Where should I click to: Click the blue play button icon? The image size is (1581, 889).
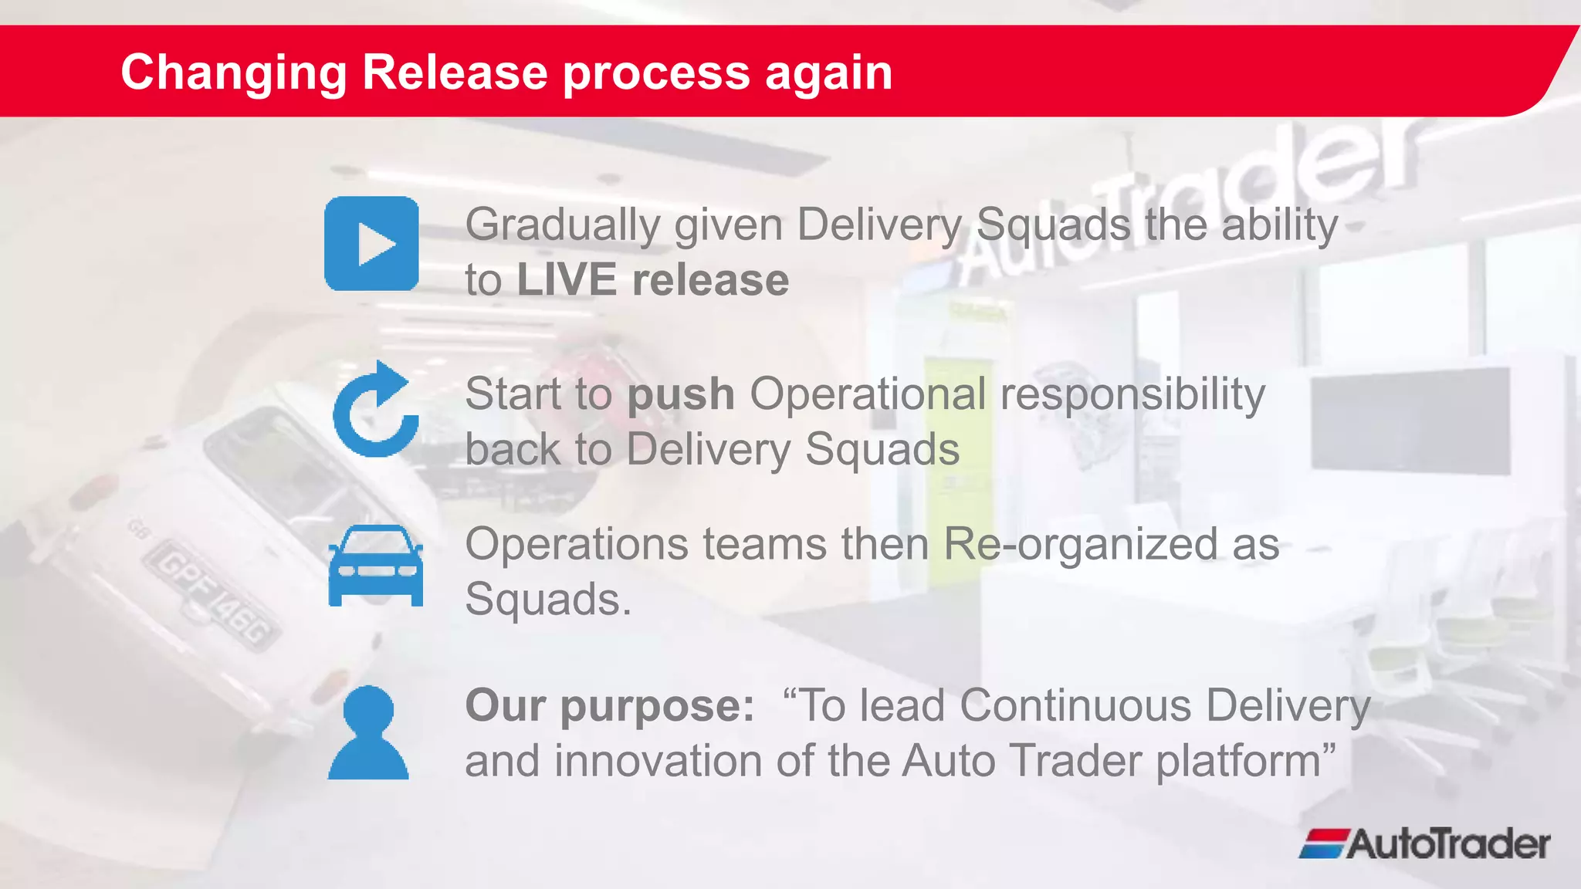tap(371, 244)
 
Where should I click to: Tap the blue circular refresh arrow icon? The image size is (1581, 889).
tap(375, 411)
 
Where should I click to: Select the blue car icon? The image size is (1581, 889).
tap(375, 566)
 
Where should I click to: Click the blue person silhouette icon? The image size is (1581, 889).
tap(368, 733)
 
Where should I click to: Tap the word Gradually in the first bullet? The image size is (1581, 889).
tap(563, 225)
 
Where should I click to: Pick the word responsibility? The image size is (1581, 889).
tap(1132, 395)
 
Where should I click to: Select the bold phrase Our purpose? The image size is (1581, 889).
tap(610, 705)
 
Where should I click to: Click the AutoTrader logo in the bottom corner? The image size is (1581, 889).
tap(1424, 843)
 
